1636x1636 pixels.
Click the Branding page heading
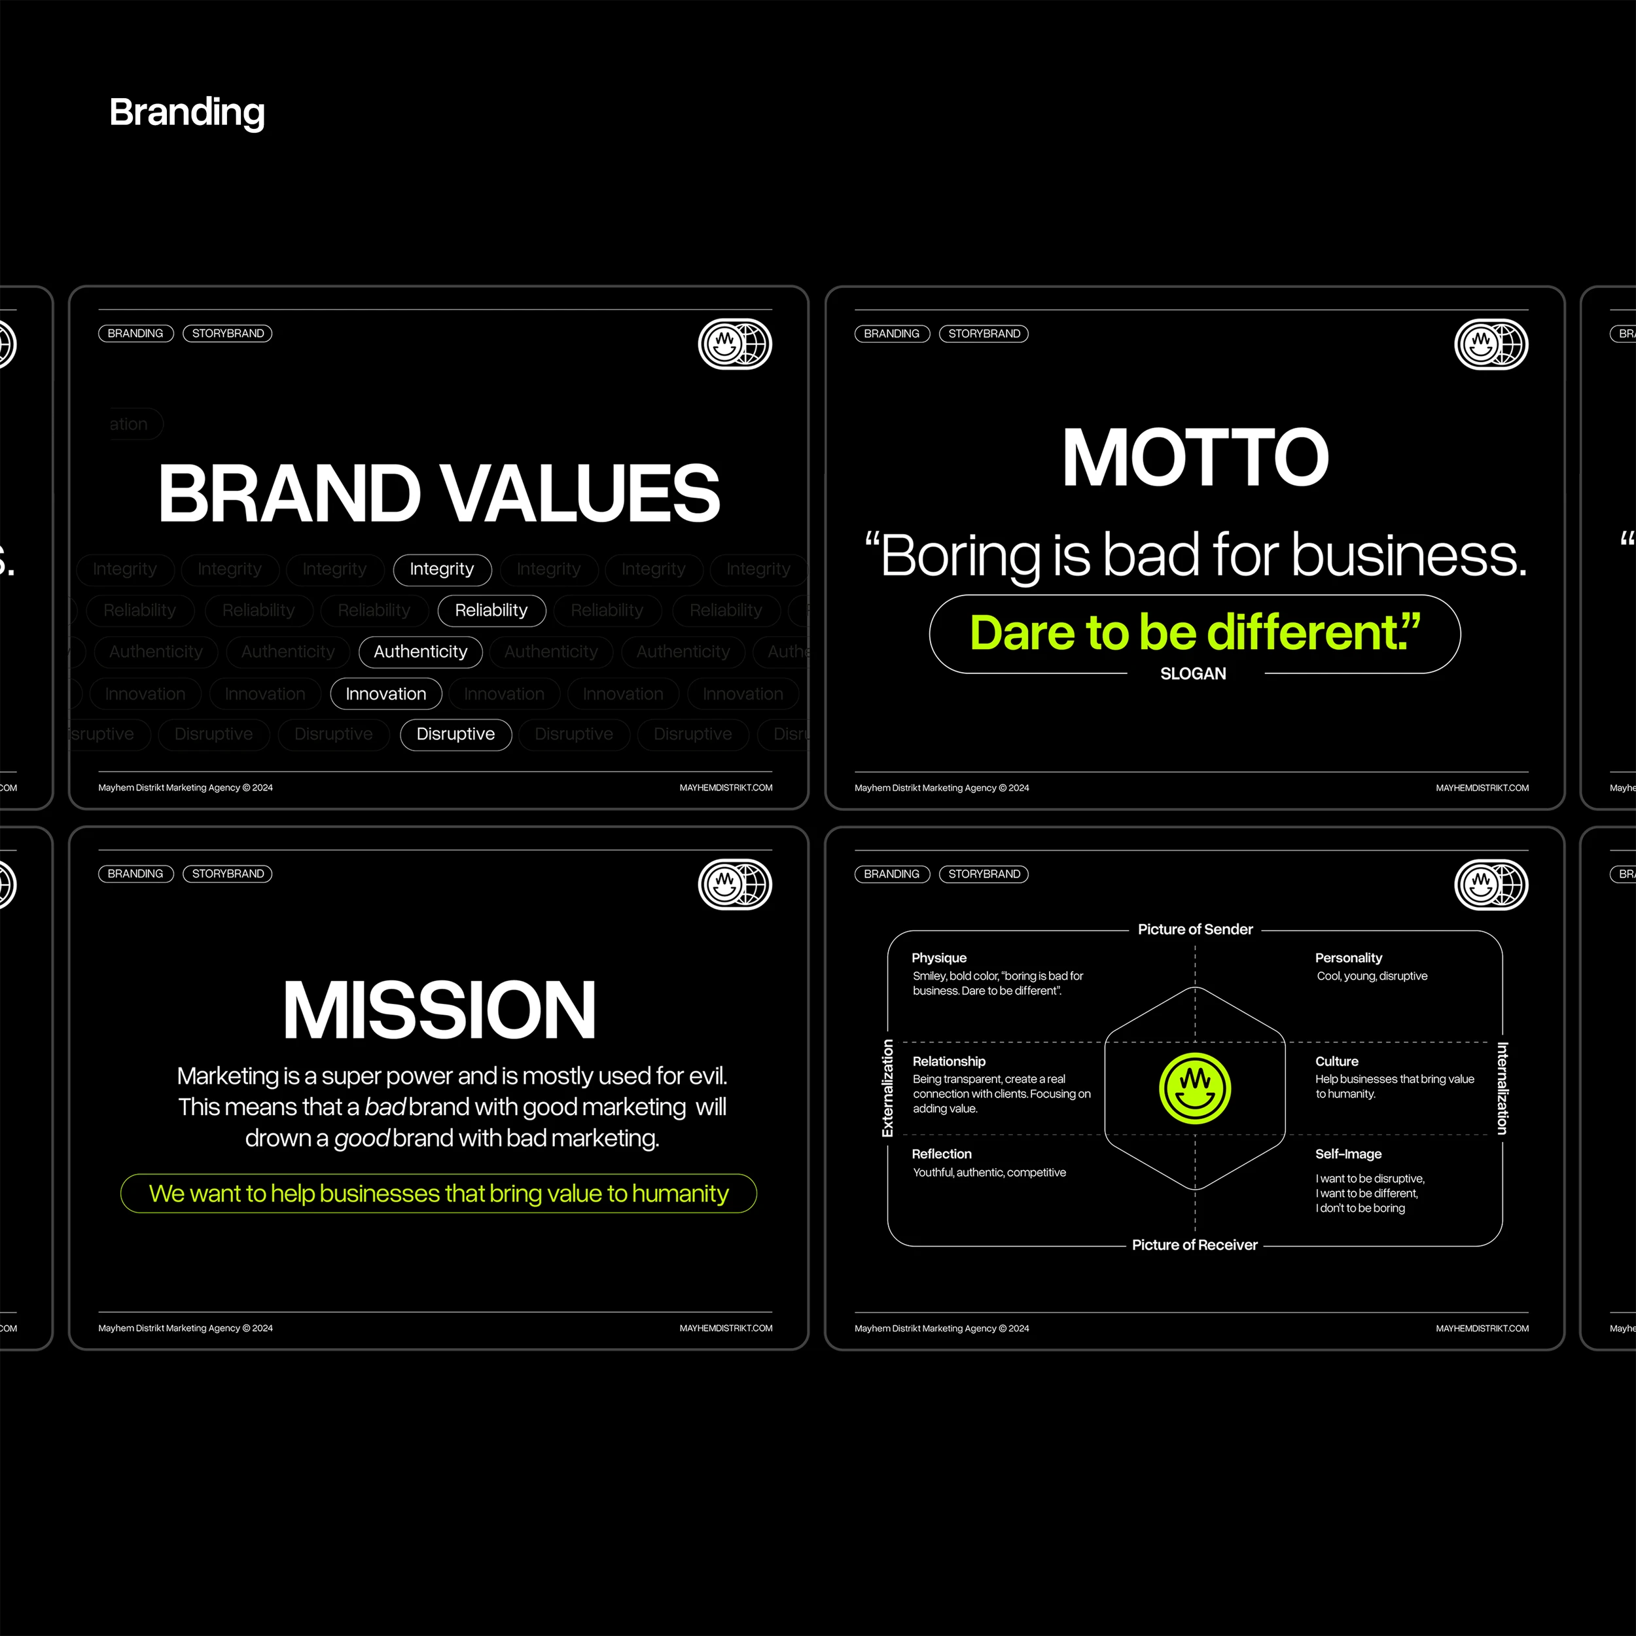(187, 113)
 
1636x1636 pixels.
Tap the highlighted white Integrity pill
(442, 569)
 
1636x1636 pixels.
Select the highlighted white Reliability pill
(491, 611)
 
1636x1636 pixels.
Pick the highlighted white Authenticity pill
(420, 652)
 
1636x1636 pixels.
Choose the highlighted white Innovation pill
(385, 694)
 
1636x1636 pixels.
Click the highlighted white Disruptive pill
(455, 734)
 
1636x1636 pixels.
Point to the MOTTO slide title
(1195, 458)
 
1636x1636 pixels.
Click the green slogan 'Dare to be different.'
(1194, 633)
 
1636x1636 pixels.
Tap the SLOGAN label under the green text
(1192, 674)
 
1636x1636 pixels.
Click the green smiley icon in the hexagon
(1195, 1089)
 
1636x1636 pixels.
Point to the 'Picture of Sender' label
(1195, 930)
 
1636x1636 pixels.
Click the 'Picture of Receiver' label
(1194, 1245)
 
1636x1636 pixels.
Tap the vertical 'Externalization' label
(887, 1088)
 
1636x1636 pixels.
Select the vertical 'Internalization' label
(1503, 1088)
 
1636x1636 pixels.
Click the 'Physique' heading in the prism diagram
(938, 958)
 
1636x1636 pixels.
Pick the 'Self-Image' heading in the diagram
(1348, 1154)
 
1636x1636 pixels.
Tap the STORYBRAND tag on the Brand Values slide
(228, 334)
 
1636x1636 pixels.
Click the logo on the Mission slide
(734, 885)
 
